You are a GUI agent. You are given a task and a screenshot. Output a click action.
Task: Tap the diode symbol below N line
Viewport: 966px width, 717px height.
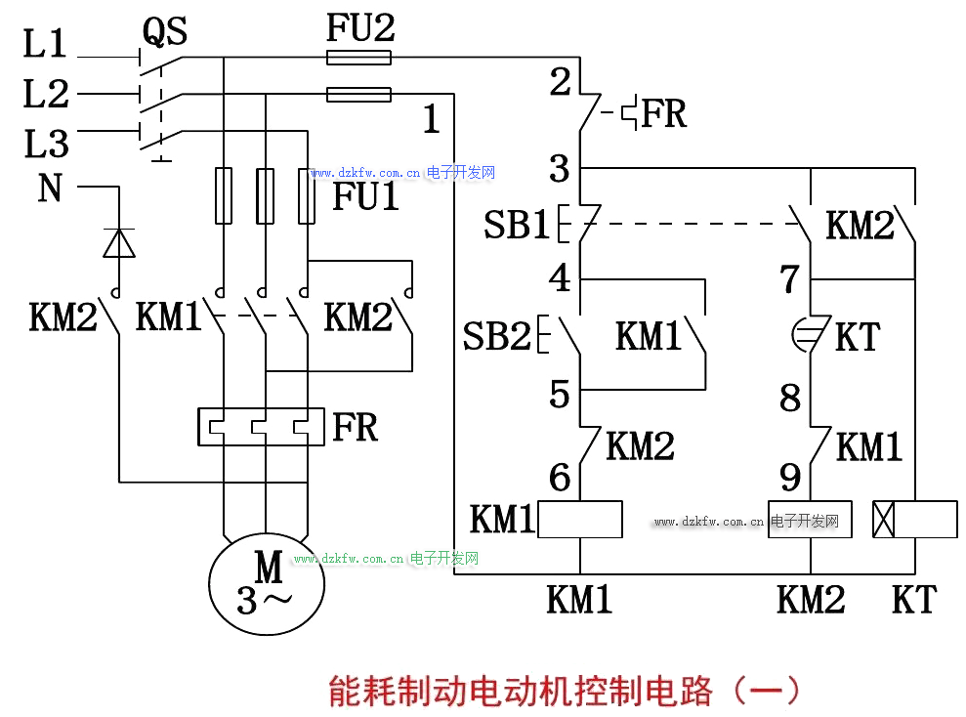coord(118,241)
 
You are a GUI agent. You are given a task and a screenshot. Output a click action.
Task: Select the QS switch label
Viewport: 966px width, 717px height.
coord(165,31)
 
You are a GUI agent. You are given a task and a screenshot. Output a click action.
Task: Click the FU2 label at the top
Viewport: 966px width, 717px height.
coord(359,28)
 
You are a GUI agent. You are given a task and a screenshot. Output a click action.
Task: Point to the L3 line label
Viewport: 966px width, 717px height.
coord(46,145)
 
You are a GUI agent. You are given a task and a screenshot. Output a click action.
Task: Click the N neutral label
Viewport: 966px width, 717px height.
coord(50,188)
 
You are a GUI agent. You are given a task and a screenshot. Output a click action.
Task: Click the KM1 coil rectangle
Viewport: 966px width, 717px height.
coord(580,519)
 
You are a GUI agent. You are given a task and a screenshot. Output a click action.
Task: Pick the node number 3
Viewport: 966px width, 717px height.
coord(559,169)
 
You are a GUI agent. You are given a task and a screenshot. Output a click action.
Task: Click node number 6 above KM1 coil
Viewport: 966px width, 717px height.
coord(559,478)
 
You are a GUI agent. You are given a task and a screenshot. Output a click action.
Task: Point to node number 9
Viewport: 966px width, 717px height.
coord(790,478)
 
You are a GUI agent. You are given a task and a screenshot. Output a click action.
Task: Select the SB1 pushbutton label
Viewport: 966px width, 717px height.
coord(517,226)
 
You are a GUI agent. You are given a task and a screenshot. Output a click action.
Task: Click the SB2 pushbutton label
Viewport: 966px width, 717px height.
coord(496,336)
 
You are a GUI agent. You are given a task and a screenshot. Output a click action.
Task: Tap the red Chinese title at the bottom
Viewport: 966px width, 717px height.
coord(564,691)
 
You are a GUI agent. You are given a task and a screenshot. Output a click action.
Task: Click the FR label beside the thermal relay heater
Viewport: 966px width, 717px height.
coord(355,427)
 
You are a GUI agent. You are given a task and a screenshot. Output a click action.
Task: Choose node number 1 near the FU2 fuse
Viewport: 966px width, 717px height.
coord(431,119)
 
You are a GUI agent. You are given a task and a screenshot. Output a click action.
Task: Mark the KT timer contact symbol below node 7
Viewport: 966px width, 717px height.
coord(811,335)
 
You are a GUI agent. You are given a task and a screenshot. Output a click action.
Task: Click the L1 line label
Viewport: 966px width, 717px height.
coord(46,44)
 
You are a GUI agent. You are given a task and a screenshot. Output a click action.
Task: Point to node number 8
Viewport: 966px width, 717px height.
coord(790,398)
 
